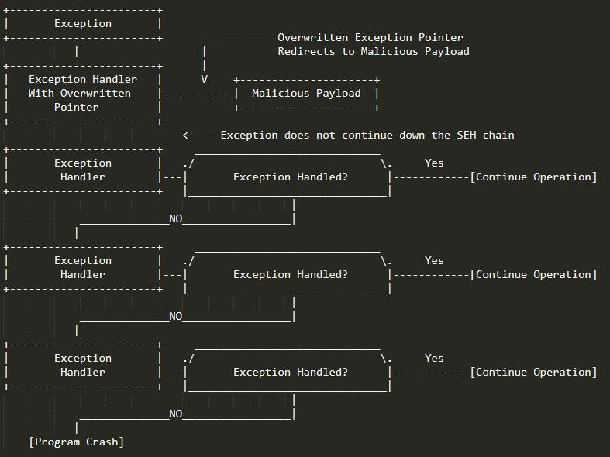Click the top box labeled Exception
pos(83,24)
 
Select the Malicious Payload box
pos(306,94)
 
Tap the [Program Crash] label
pos(77,442)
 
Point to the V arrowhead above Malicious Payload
pos(204,79)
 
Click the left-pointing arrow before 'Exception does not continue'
pos(198,136)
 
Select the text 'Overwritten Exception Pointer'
pos(370,37)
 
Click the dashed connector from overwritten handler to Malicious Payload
pos(198,94)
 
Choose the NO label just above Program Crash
pos(176,414)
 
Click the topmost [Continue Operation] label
pos(534,177)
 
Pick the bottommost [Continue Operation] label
pos(534,373)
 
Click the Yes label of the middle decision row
pos(434,261)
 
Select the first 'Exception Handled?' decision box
pos(290,177)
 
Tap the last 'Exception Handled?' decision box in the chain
pos(290,373)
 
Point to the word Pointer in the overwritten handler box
pos(77,108)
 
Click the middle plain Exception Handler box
pos(83,268)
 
